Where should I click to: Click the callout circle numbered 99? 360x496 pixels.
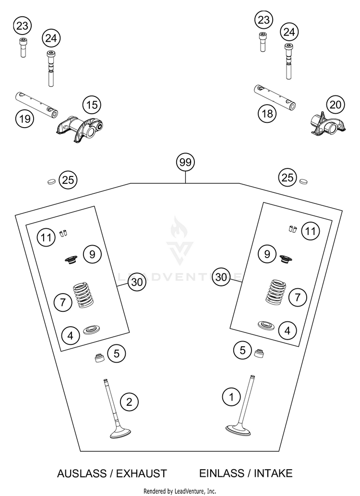coord(185,162)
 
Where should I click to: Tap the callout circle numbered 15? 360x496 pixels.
coord(92,105)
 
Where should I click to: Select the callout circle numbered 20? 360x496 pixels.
coord(336,105)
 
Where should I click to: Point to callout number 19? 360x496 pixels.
coord(24,118)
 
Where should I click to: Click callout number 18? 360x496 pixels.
coord(267,113)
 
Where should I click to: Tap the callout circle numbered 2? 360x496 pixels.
coord(129,402)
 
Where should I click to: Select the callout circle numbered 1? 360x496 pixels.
coord(231,397)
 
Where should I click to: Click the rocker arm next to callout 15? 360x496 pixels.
coord(80,130)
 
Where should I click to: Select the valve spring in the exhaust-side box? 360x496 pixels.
coord(84,295)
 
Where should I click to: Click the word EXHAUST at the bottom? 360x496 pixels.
coord(141,473)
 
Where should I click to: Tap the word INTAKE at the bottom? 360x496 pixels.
coord(273,473)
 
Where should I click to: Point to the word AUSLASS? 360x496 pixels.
coord(82,473)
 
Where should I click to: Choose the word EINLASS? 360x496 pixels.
coord(222,473)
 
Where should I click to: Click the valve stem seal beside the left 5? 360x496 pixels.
coord(101,357)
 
